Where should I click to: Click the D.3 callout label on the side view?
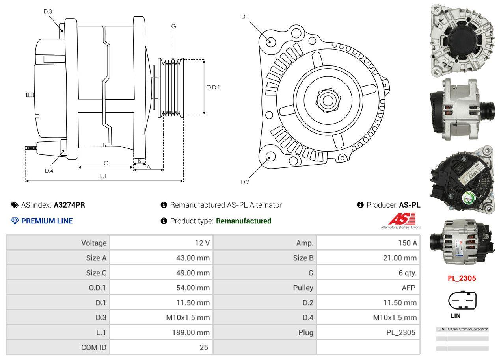(48, 11)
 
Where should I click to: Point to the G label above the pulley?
(173, 26)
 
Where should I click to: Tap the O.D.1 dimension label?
(213, 87)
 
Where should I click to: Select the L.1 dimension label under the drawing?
(102, 176)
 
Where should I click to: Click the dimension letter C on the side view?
(106, 163)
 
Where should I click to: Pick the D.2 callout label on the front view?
(245, 182)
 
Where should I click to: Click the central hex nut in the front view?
(327, 100)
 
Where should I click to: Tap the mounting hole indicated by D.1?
(270, 41)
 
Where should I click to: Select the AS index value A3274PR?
(69, 205)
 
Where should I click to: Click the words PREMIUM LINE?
(47, 221)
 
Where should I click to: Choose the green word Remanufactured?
(244, 221)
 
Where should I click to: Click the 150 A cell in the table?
(407, 243)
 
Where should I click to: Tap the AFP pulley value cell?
(408, 288)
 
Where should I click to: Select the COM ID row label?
(94, 347)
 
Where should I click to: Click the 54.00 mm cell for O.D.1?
(193, 288)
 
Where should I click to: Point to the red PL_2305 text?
(462, 278)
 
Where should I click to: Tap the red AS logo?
(402, 219)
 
